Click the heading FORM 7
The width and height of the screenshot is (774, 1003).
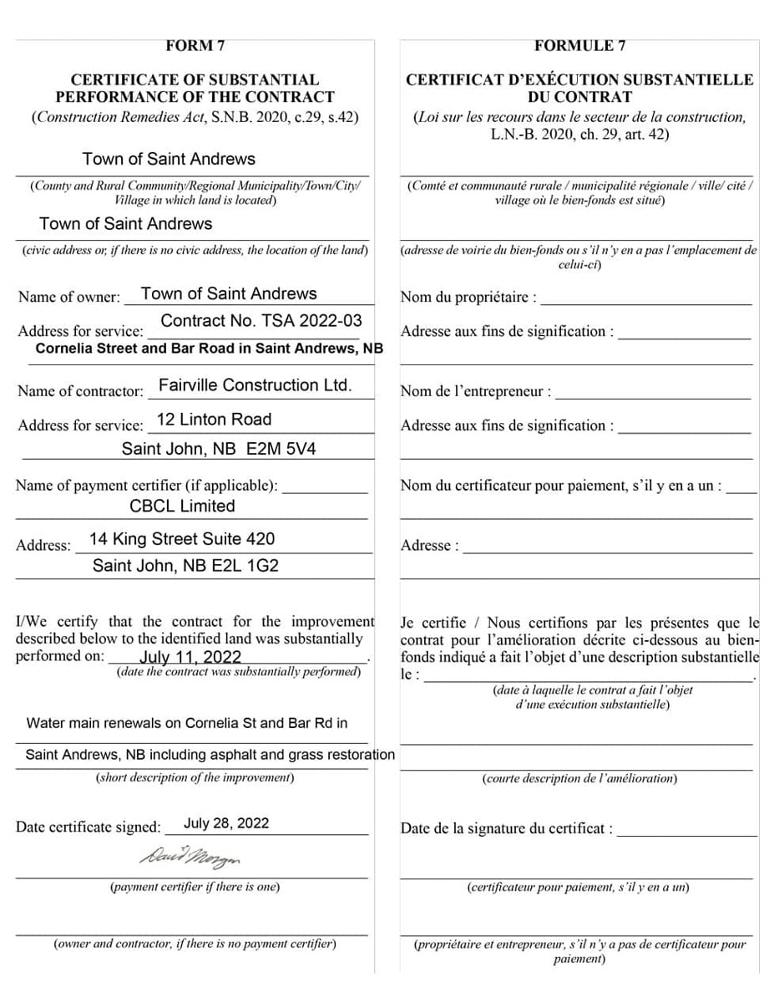point(195,46)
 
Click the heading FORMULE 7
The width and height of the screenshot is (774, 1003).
point(579,46)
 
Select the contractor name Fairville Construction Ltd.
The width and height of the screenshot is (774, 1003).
point(255,385)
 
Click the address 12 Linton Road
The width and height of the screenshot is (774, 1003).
point(214,420)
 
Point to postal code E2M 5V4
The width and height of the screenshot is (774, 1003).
point(281,449)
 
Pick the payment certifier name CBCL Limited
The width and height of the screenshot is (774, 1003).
point(182,506)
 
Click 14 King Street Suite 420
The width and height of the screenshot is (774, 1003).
point(181,539)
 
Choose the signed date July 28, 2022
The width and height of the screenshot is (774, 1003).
point(226,823)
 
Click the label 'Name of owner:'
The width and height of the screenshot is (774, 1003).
point(68,297)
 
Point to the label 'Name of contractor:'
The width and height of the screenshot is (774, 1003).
point(80,391)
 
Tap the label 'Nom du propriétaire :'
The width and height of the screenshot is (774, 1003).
point(468,298)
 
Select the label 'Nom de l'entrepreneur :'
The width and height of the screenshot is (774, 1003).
point(475,391)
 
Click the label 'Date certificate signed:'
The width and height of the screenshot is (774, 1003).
point(88,827)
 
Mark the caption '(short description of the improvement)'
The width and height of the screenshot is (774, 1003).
point(195,778)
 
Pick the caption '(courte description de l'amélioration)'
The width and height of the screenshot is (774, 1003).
point(579,779)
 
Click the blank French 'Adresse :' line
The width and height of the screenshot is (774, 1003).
point(607,547)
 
